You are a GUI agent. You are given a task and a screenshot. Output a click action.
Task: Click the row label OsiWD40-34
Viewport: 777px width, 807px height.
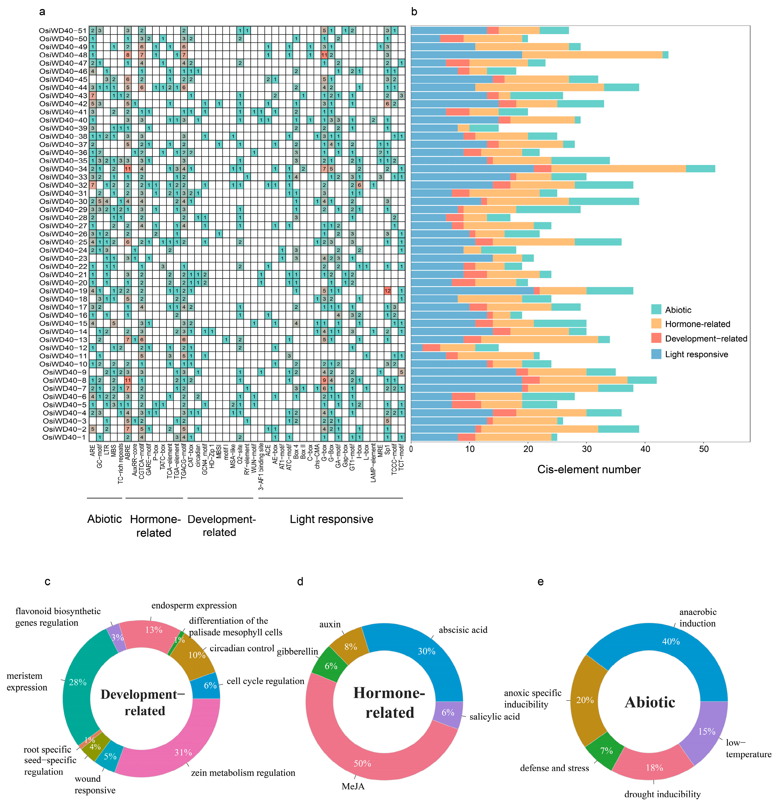point(63,169)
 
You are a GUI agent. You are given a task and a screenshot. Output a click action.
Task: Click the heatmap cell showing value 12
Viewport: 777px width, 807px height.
point(387,291)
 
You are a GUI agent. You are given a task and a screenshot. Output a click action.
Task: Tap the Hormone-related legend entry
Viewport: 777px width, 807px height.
point(697,324)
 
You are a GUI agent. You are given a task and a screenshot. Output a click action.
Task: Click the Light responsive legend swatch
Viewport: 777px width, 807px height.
point(656,354)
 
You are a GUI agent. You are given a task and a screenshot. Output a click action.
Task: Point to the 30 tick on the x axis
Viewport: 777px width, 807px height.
point(587,449)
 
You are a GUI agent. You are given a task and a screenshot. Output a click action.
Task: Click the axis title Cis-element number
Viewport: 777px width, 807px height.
point(589,469)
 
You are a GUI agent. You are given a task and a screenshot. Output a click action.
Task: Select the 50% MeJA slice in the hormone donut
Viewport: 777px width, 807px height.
point(362,763)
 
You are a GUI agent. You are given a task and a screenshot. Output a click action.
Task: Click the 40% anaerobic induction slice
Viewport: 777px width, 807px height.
point(671,642)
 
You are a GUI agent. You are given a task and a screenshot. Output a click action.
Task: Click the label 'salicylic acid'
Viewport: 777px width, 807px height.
point(494,716)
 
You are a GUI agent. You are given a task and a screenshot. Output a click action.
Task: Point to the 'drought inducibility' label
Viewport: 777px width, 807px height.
point(662,794)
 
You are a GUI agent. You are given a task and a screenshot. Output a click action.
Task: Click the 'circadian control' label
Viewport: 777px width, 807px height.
point(242,648)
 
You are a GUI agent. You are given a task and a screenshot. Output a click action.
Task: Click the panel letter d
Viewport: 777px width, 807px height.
point(300,581)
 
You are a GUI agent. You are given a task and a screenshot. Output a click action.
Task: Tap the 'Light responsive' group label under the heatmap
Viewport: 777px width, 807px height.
point(331,519)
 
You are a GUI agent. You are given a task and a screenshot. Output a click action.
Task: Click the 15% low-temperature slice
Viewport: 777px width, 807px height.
point(707,731)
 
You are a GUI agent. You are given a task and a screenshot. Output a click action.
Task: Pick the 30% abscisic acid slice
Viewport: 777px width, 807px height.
point(426,651)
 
